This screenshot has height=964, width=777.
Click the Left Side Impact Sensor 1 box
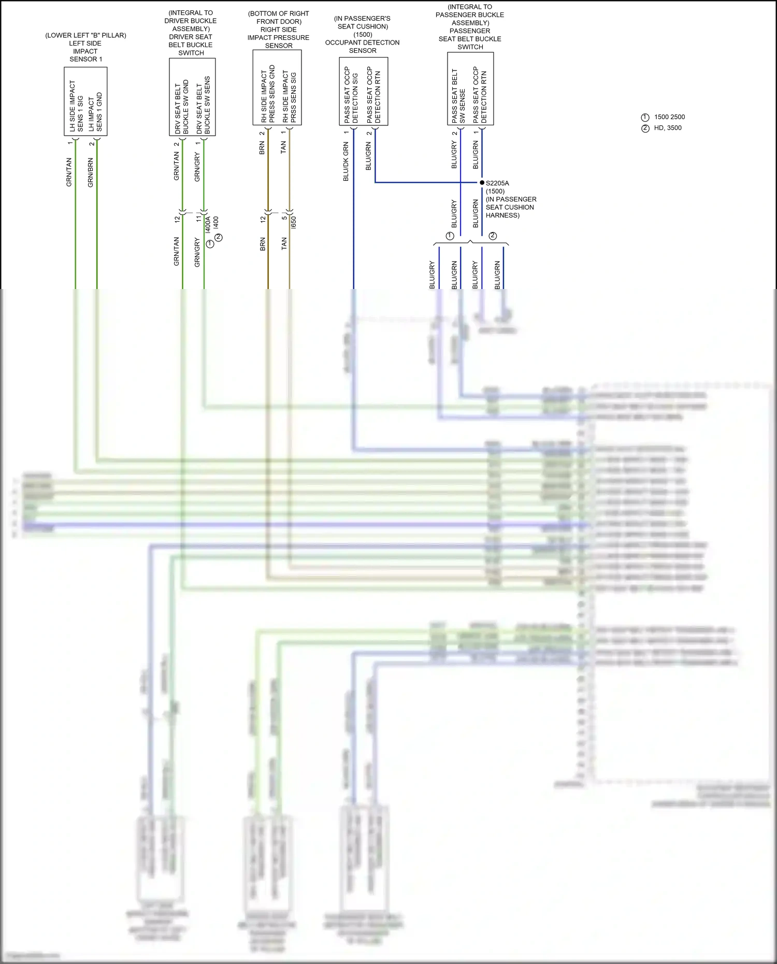85,102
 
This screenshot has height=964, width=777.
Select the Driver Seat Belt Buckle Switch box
192,97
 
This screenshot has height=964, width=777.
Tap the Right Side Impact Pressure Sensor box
277,88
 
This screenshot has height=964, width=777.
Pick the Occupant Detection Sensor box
363,91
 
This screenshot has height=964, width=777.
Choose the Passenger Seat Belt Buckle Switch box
470,89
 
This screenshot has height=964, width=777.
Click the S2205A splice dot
482,182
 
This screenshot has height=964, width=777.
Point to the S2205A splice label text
497,183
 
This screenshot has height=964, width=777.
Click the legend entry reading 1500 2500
669,117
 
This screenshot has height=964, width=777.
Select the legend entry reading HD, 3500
667,128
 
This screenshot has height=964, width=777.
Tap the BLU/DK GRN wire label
346,162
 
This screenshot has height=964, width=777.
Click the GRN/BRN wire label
91,172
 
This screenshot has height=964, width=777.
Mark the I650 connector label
294,223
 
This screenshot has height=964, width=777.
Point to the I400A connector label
208,224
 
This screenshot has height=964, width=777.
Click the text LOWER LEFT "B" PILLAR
85,35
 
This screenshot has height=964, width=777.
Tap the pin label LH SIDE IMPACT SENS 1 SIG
76,106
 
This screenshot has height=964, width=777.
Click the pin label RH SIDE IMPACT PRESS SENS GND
268,94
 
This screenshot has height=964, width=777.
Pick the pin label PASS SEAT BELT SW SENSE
458,96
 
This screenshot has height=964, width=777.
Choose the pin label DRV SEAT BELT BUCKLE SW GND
182,107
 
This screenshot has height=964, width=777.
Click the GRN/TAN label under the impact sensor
69,172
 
